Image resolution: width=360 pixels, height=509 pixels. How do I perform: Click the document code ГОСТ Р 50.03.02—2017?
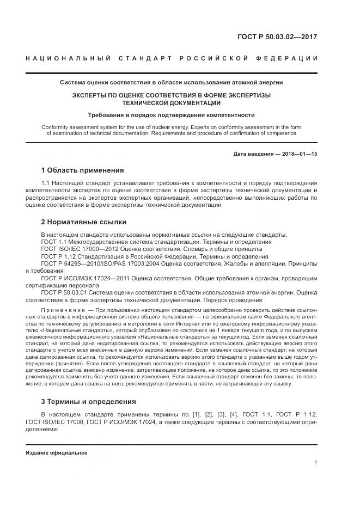point(277,38)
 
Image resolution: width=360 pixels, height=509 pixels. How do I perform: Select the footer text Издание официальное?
point(56,452)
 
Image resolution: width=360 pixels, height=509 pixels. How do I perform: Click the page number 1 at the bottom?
point(315,463)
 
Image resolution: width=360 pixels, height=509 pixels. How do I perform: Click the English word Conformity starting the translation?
point(54,127)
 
